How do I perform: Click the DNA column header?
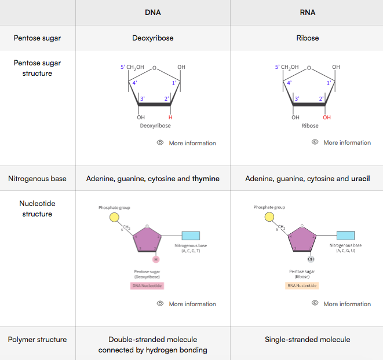click(x=152, y=12)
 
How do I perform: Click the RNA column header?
click(x=307, y=12)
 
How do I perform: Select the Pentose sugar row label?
click(x=37, y=38)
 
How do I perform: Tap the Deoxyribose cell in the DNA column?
click(x=153, y=38)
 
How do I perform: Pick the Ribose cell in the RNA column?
click(x=307, y=38)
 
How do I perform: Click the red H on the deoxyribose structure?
click(x=170, y=117)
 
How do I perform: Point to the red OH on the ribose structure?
click(x=327, y=117)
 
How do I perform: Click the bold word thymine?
click(x=206, y=179)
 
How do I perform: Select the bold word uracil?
click(x=360, y=179)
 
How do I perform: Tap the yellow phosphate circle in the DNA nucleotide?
click(x=115, y=218)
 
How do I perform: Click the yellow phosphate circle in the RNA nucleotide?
click(x=269, y=218)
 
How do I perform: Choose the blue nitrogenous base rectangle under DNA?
click(x=191, y=236)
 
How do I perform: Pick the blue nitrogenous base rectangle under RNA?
click(x=345, y=236)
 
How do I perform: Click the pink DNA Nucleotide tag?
click(x=147, y=285)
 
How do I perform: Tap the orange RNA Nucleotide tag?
click(x=302, y=285)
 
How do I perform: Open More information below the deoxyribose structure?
click(x=192, y=143)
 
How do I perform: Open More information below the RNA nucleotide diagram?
click(x=346, y=304)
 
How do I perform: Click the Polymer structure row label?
click(x=37, y=339)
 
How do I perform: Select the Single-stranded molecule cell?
click(x=307, y=339)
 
